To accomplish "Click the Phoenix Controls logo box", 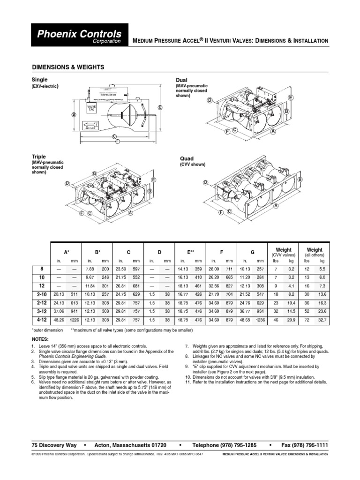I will [x=79, y=37].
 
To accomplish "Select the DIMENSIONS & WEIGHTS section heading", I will [x=67, y=67].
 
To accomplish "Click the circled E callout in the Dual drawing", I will [x=291, y=97].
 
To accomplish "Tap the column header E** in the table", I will [x=191, y=252].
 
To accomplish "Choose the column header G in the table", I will [x=252, y=252].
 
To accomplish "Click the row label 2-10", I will [x=41, y=294].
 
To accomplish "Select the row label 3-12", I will [x=41, y=311].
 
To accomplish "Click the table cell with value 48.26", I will [x=59, y=320].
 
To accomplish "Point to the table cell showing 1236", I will [x=261, y=320].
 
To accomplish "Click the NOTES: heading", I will [x=40, y=338].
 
